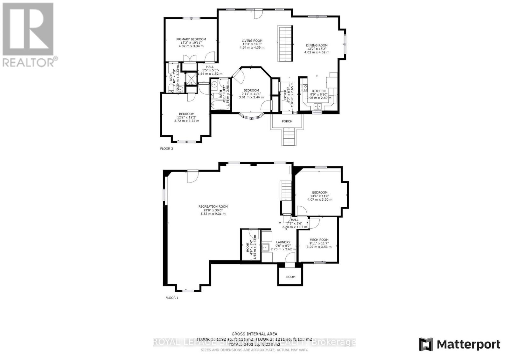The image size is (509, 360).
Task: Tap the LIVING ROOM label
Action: (252, 41)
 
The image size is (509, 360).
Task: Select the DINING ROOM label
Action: (317, 45)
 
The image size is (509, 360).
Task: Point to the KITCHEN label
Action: (318, 91)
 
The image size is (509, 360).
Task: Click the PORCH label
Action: (287, 121)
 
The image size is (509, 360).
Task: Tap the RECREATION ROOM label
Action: (213, 206)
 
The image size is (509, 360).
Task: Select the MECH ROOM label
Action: (319, 240)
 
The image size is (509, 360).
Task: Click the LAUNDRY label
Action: (283, 242)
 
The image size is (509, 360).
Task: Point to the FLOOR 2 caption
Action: (166, 149)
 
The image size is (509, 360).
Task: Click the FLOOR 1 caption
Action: (172, 298)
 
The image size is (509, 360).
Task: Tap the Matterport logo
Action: (459, 344)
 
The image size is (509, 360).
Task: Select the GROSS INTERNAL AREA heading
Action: (254, 334)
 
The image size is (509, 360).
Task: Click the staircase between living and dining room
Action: (285, 44)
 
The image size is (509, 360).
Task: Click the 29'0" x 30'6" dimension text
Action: (213, 210)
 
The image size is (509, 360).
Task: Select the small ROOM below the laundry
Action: (290, 277)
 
